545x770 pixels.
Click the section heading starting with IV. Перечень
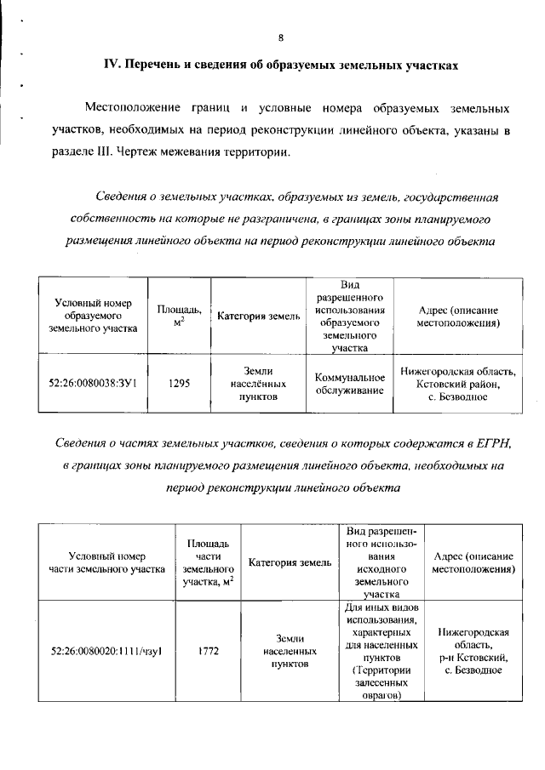tap(278, 65)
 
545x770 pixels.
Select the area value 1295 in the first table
tap(179, 384)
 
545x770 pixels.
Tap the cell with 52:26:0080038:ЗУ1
tap(94, 384)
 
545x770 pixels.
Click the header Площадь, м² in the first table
tap(179, 316)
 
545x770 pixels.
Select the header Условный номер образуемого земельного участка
tap(94, 316)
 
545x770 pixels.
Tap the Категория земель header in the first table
tap(259, 317)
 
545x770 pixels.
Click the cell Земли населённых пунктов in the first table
tap(259, 384)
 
